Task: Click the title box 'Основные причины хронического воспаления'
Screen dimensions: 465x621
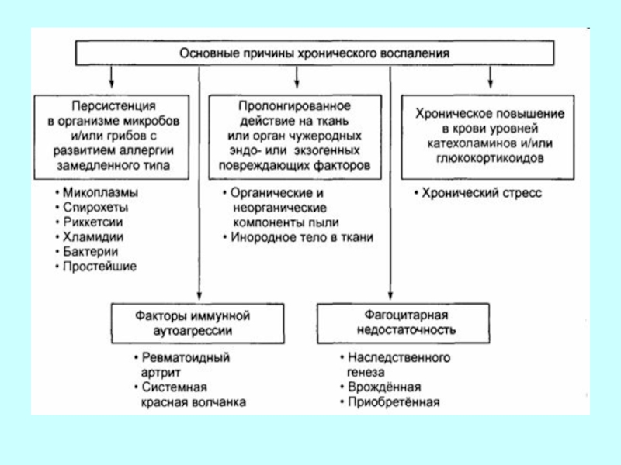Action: (x=314, y=54)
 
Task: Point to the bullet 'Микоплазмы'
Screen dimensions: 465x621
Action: (x=95, y=192)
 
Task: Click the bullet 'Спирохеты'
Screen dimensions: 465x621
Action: (x=92, y=207)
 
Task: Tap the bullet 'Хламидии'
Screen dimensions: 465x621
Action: (x=90, y=237)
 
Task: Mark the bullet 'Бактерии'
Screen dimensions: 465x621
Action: (x=88, y=252)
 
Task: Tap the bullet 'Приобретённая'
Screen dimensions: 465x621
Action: (x=393, y=402)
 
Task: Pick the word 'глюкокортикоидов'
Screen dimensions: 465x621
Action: (x=486, y=157)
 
